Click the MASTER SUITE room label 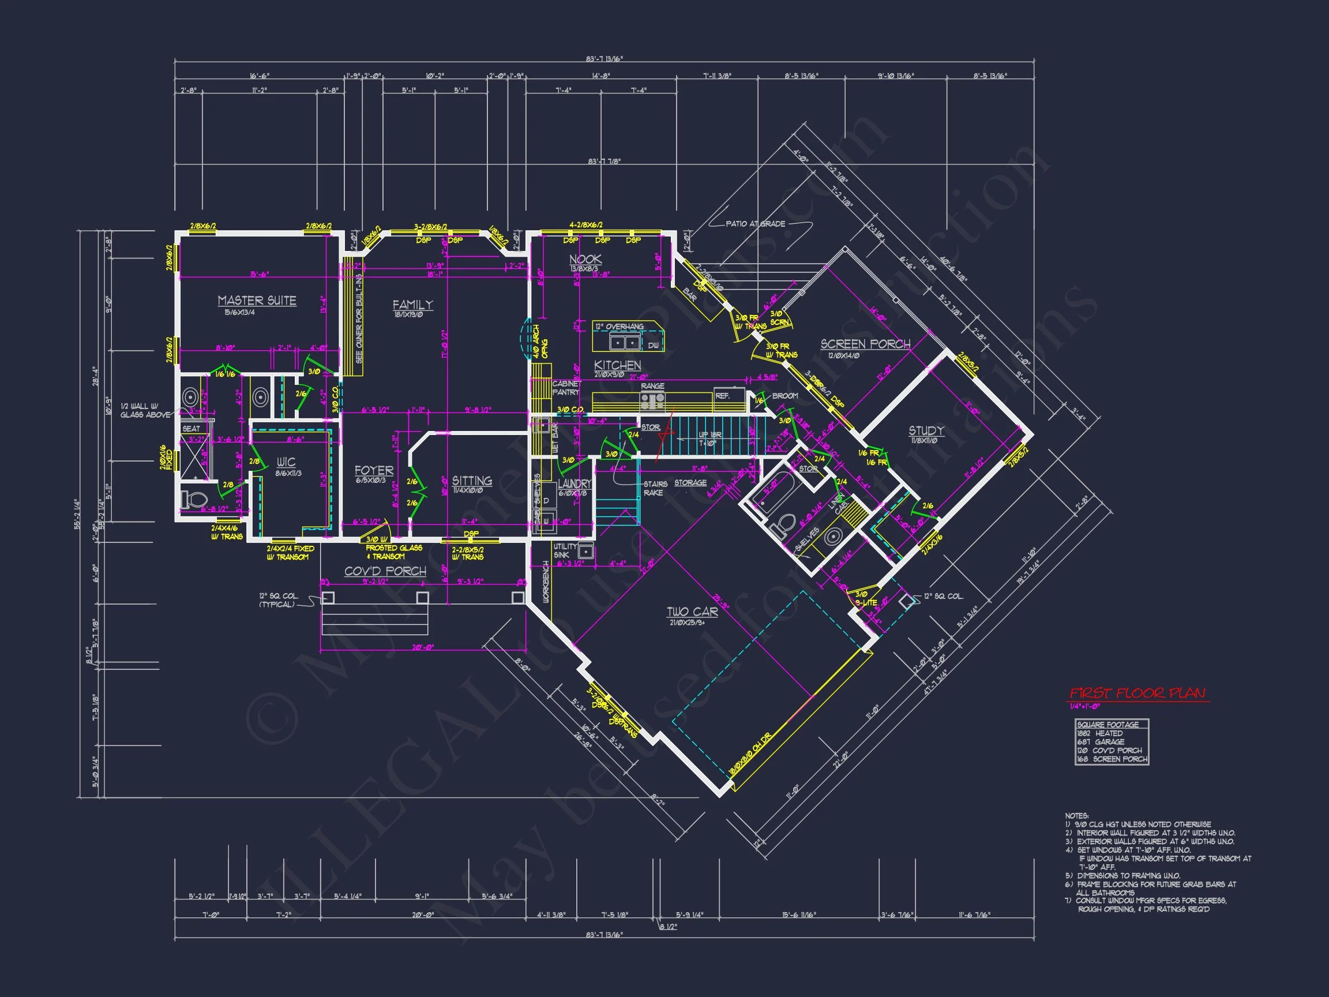click(x=257, y=301)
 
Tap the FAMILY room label click(x=412, y=305)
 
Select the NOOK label click(x=585, y=259)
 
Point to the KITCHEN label click(x=617, y=365)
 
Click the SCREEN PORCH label click(x=865, y=344)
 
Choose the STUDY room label click(x=926, y=430)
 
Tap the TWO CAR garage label click(x=692, y=612)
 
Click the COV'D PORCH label click(x=385, y=571)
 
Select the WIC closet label click(x=286, y=462)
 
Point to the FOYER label click(x=374, y=471)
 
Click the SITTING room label click(x=472, y=480)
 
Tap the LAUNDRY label click(x=575, y=483)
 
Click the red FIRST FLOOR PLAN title click(x=1137, y=693)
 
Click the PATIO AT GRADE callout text click(x=755, y=223)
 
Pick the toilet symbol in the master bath click(x=194, y=500)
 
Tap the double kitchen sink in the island click(x=625, y=343)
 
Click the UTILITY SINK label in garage click(x=565, y=550)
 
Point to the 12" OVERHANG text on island click(x=620, y=327)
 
